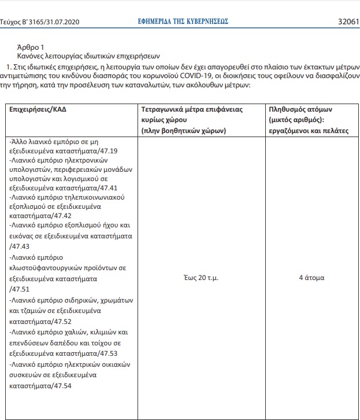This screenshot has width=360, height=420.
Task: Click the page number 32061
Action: pos(348,21)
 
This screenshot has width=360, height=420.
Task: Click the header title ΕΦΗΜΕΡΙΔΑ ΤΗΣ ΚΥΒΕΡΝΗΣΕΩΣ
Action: pos(180,21)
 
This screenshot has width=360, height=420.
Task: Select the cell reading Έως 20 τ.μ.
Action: pos(199,278)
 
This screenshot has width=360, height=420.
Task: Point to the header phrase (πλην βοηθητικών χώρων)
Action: pos(183,131)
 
